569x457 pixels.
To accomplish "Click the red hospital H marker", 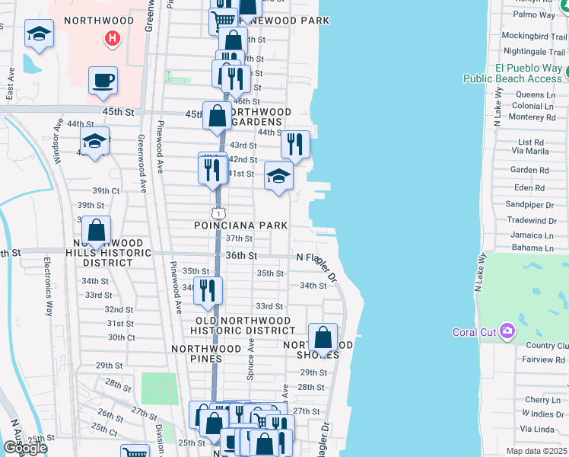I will point(113,37).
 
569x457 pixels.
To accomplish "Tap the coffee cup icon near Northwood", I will point(103,80).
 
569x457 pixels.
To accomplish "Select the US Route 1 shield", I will point(218,211).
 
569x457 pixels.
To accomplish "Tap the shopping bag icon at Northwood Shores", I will point(323,337).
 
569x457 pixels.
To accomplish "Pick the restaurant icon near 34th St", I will point(207,289).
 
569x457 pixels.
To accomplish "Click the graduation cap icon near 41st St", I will point(278,176).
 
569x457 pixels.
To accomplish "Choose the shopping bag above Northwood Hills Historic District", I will point(97,230).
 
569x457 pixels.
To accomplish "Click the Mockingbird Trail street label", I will point(530,36).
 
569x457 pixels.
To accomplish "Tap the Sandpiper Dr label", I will point(529,205).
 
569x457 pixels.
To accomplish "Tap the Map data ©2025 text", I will point(536,452).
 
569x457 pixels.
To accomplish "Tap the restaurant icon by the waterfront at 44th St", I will point(295,143).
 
